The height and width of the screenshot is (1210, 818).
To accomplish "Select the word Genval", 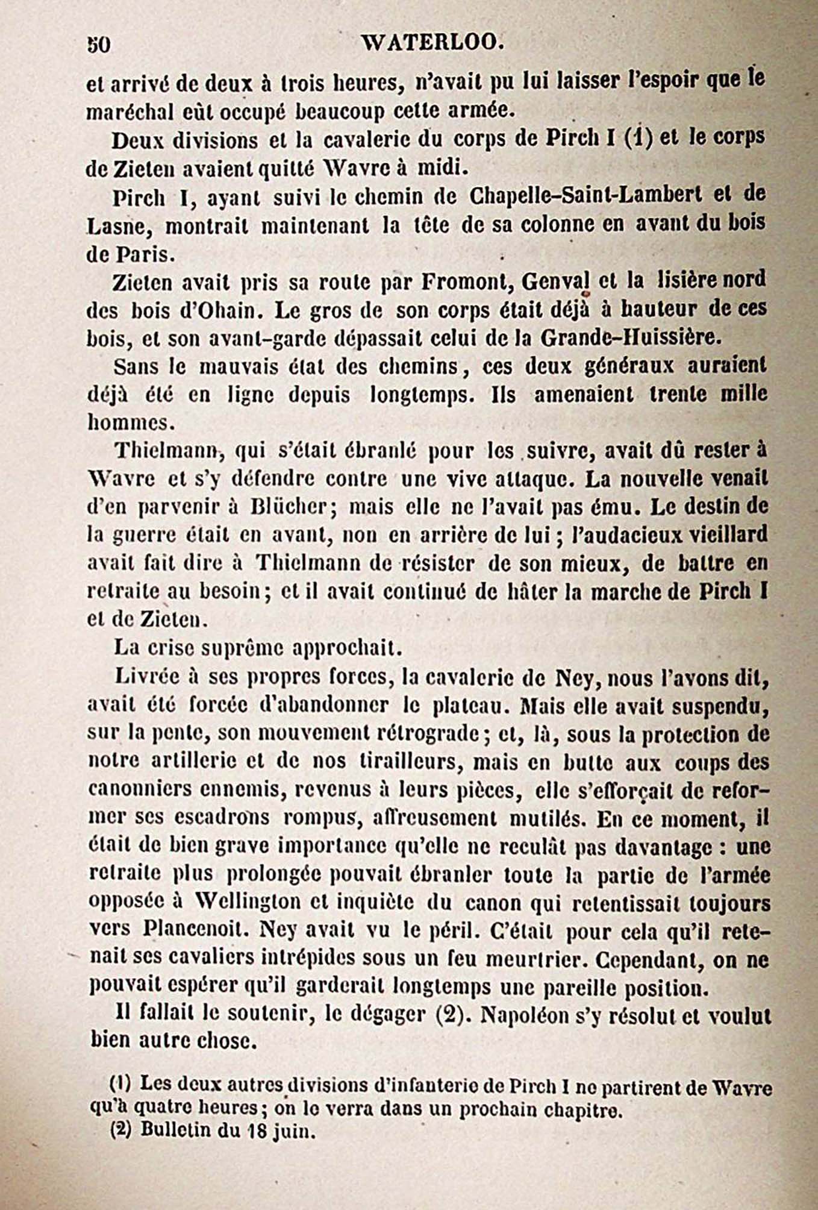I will tap(554, 281).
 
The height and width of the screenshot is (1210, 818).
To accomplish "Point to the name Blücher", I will tap(289, 507).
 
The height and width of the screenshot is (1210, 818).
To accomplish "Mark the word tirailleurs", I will tap(410, 761).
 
